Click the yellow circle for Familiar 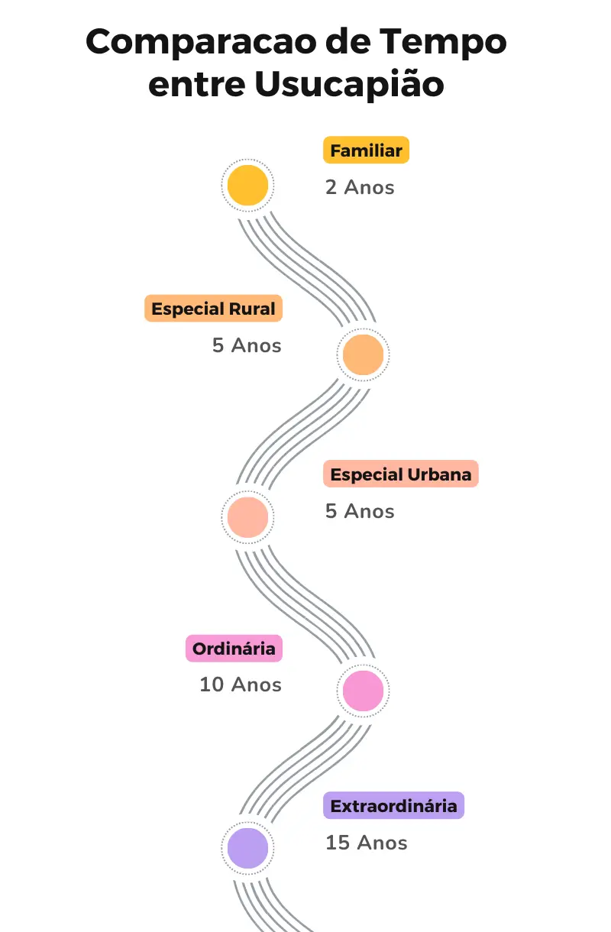(248, 186)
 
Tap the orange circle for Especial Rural (363, 354)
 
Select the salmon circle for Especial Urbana (247, 517)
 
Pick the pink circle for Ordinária (363, 690)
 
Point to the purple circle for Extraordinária (247, 848)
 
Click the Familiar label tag (366, 150)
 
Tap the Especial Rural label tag (213, 309)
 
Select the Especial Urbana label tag (400, 474)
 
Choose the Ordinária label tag (234, 649)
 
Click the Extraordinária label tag (393, 806)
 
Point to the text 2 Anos (360, 187)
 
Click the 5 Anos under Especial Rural (247, 345)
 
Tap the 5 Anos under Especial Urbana (360, 511)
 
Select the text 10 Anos (241, 684)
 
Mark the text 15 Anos (366, 843)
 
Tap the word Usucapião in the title (349, 85)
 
